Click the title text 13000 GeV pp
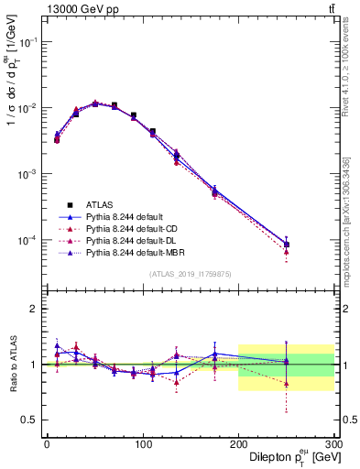coord(80,9)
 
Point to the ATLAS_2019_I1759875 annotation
coord(190,273)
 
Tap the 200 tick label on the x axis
coord(238,443)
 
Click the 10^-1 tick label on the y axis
coord(25,43)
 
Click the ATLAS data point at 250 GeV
coord(287,245)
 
